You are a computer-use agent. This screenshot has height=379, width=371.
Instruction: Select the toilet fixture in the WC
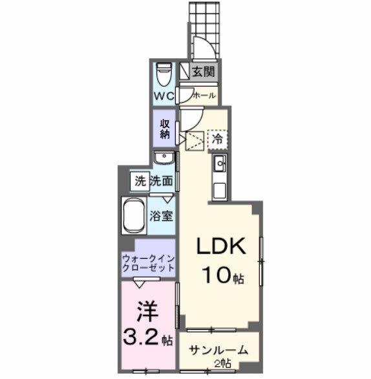[164, 73]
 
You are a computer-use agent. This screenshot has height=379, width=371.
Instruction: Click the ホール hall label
[205, 95]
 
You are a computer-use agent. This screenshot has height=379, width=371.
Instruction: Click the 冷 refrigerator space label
[218, 138]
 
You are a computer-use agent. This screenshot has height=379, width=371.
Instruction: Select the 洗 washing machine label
[140, 182]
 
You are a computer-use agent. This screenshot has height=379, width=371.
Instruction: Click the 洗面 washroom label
[161, 182]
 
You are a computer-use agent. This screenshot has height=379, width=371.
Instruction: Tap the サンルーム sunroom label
[218, 351]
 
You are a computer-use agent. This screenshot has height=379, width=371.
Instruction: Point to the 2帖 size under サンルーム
[222, 364]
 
